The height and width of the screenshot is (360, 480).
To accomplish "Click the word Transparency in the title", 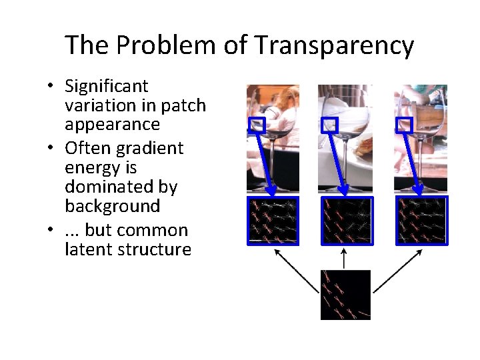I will (334, 45).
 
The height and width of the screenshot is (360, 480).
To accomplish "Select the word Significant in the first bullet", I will (107, 86).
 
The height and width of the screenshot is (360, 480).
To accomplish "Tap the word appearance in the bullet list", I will (113, 125).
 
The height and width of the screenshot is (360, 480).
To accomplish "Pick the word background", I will (113, 206).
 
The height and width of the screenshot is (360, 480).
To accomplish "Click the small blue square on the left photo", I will (257, 125).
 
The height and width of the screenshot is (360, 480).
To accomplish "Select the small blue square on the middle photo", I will (330, 125).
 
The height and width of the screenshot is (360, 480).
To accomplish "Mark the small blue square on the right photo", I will (404, 125).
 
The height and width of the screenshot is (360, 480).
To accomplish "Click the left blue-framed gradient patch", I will (273, 220).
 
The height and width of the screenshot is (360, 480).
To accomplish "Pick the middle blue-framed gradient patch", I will (347, 220).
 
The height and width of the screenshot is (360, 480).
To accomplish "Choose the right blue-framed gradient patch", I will (421, 220).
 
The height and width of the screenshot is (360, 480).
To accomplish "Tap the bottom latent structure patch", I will (345, 295).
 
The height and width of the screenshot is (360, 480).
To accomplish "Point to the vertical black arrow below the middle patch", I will (344, 258).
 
